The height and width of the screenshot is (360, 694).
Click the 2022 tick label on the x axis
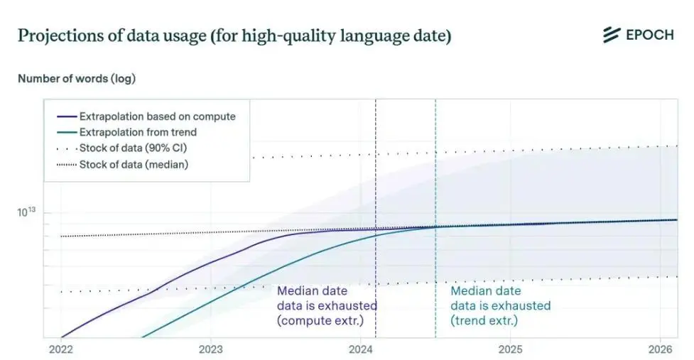coord(61,349)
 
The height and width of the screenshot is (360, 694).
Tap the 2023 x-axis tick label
coord(211,349)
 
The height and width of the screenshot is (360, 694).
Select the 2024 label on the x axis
coord(361,349)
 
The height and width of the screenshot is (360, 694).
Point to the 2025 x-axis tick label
coord(510,349)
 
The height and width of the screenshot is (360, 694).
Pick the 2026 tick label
coord(661,349)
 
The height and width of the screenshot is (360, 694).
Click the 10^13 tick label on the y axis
coord(26,212)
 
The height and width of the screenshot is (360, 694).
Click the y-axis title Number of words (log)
coord(77,79)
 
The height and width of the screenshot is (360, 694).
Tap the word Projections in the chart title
coord(59,36)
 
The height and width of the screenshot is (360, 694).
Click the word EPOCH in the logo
coord(650,35)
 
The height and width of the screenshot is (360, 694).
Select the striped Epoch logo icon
coord(612,35)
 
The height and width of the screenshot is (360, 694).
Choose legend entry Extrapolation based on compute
coord(146,116)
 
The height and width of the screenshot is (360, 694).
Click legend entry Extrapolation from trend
coord(126,132)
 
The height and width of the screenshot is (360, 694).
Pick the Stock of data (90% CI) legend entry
coord(121,148)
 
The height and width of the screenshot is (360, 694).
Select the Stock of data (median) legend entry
coord(123,165)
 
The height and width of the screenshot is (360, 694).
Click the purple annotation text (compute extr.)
coord(320,321)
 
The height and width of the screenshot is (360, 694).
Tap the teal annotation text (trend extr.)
coord(484,321)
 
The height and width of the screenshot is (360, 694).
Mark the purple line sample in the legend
coord(67,116)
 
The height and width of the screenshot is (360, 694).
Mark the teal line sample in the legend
coord(67,132)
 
